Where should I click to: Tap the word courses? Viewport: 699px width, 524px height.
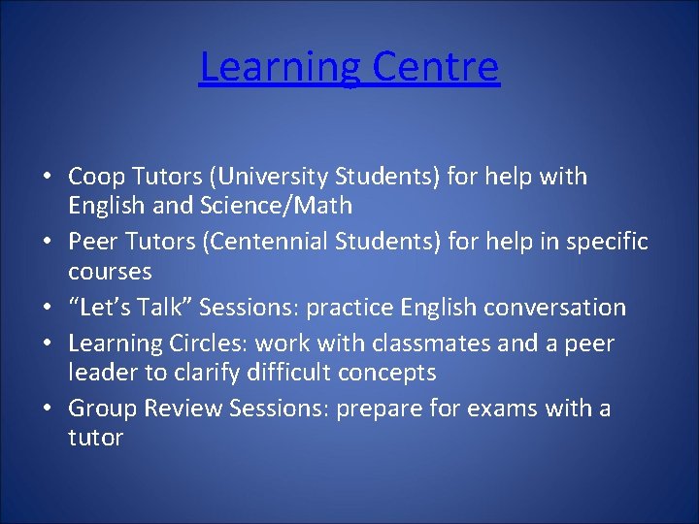click(x=110, y=271)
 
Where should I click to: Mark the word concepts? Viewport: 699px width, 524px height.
click(x=388, y=373)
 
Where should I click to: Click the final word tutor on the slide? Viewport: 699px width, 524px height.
click(x=95, y=438)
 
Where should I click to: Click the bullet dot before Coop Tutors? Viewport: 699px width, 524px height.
click(x=47, y=179)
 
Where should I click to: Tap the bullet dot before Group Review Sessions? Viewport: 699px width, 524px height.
click(x=47, y=409)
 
